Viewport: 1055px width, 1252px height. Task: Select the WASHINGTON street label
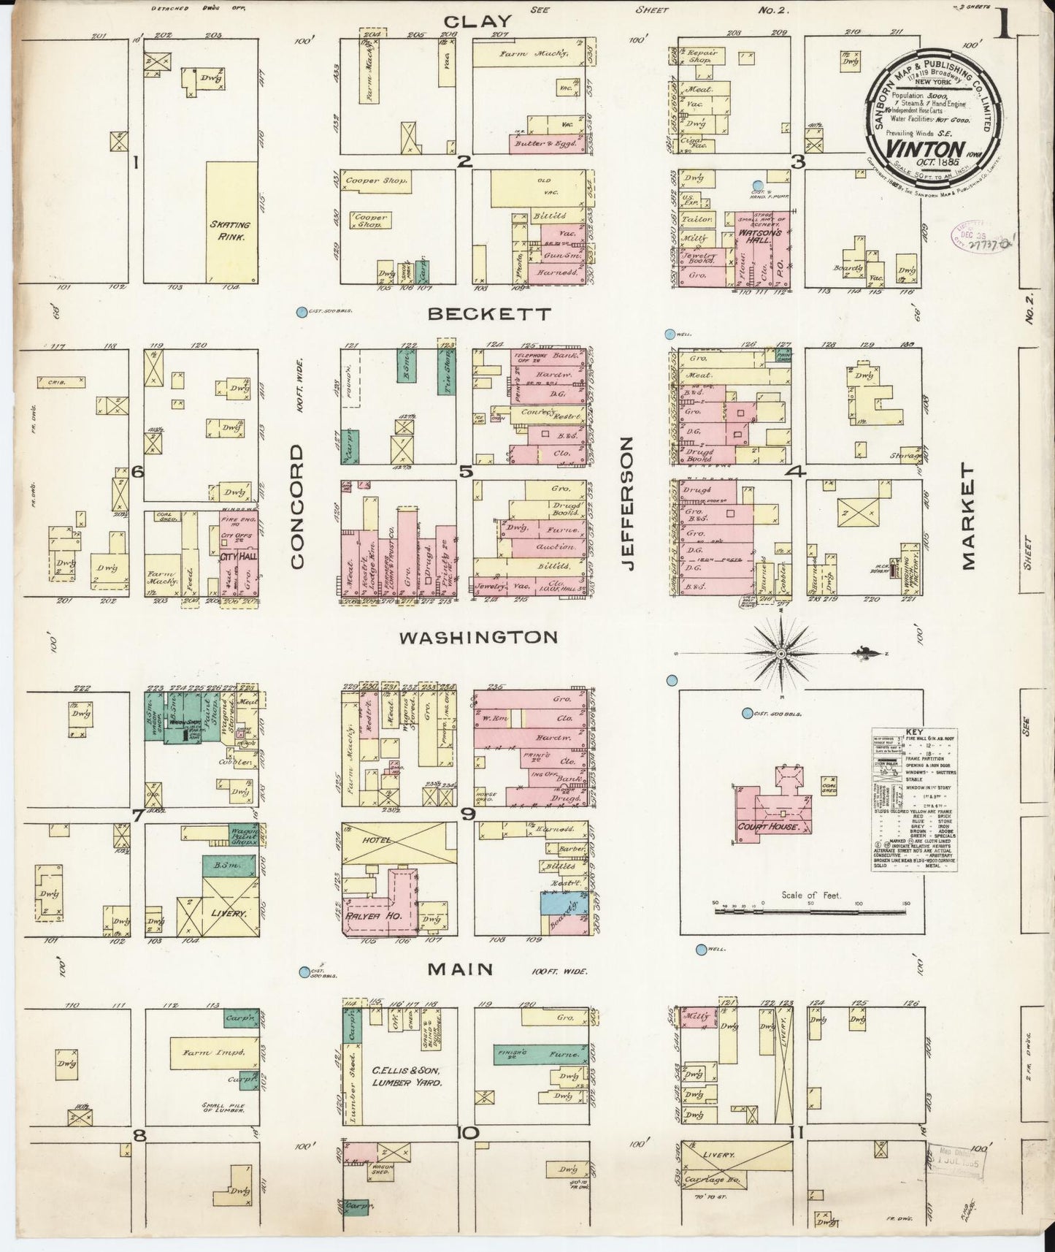click(478, 638)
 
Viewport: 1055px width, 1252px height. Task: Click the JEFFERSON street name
click(628, 503)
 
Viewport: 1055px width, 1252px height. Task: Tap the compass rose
click(781, 652)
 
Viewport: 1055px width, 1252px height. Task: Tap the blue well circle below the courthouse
click(702, 950)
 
